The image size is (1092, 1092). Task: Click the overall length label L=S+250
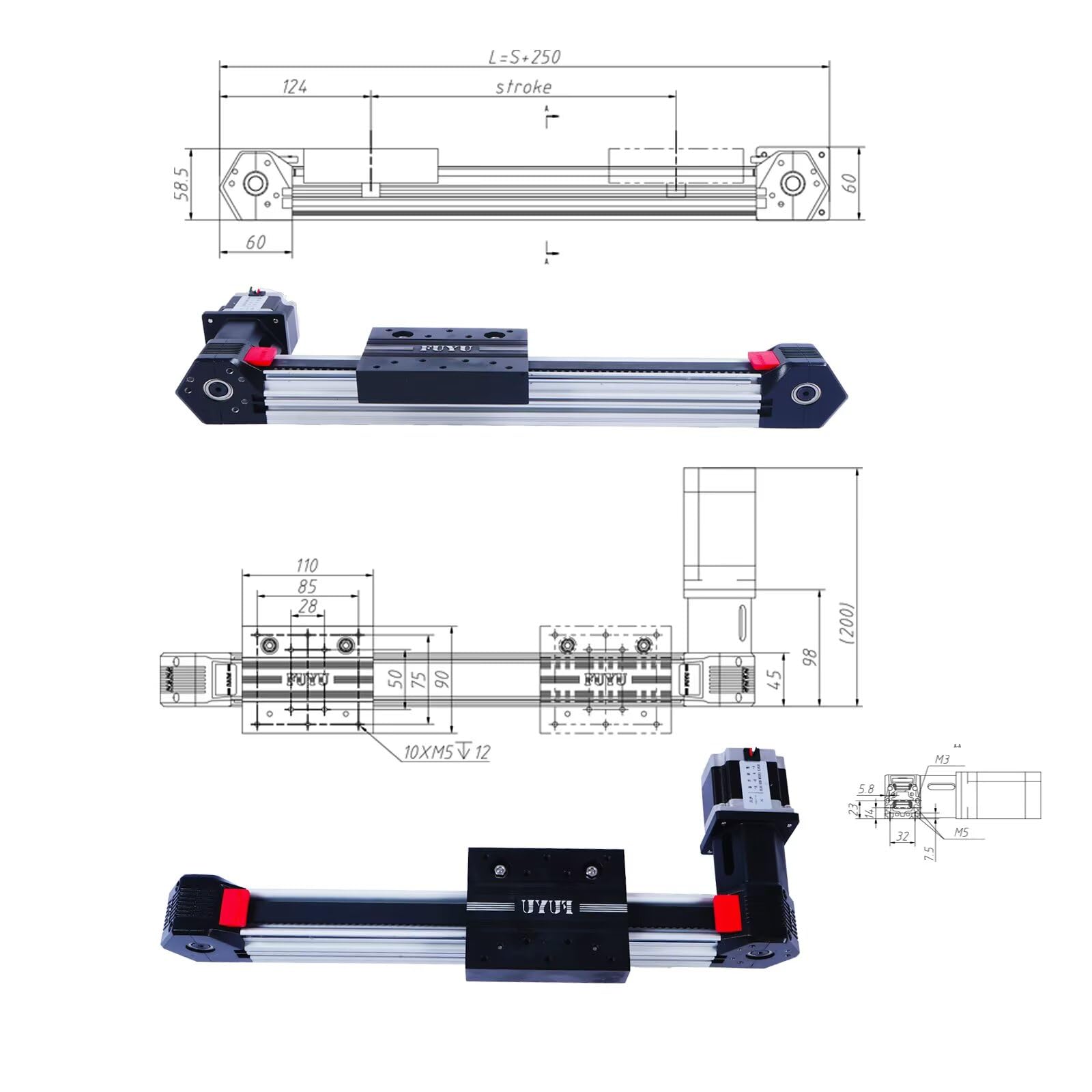pos(524,57)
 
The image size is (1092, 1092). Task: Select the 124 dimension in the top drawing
pos(295,87)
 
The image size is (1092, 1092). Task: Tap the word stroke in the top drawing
pos(523,87)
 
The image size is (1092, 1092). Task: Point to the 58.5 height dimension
pos(182,184)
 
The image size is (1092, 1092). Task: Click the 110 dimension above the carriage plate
pos(306,565)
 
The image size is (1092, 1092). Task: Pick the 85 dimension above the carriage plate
pos(307,586)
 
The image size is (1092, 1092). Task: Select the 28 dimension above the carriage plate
pos(308,606)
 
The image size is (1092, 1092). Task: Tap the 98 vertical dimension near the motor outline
pos(810,657)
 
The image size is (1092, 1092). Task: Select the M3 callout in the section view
pos(942,759)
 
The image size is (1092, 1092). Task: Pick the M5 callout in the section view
pos(961,833)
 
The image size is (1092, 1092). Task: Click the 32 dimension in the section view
pos(902,836)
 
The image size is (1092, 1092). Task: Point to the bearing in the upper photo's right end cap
pos(807,394)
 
